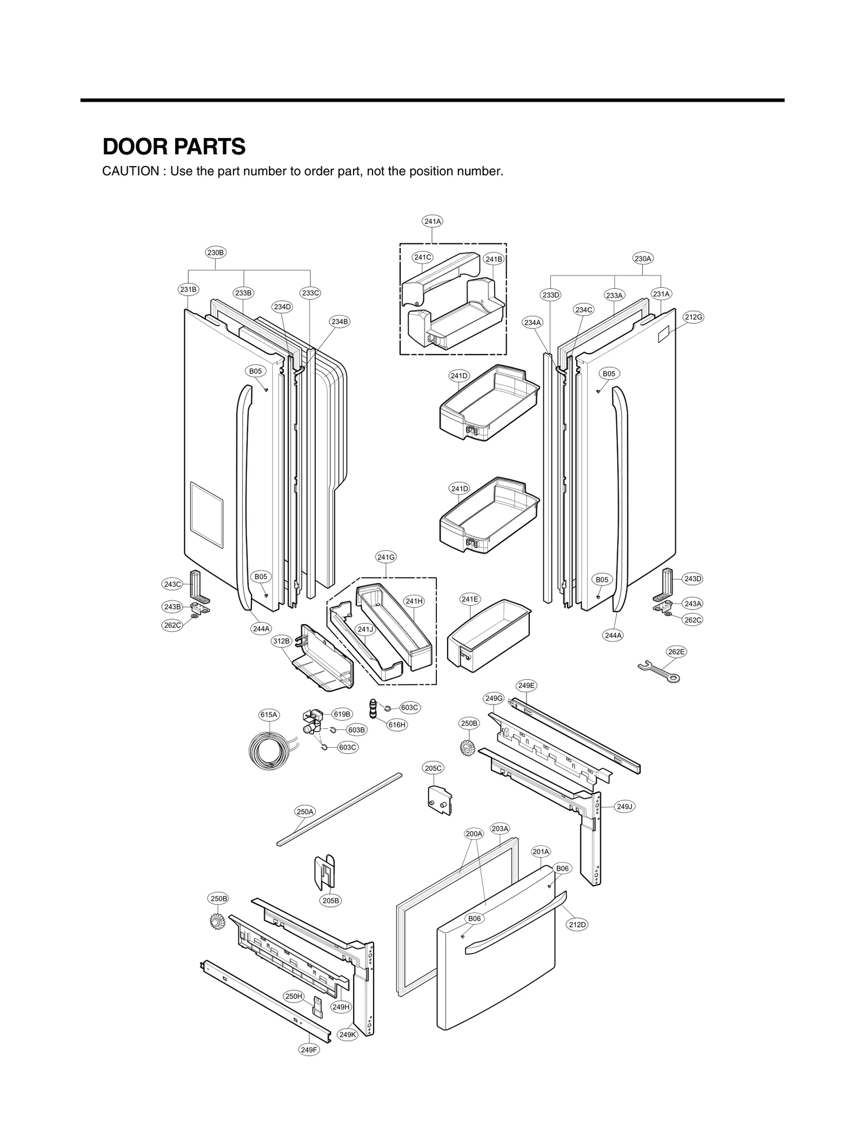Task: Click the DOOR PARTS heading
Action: [174, 147]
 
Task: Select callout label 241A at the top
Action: [432, 221]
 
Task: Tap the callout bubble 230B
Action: [215, 252]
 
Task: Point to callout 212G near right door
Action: [693, 317]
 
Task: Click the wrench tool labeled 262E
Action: [658, 671]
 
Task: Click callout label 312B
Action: [281, 641]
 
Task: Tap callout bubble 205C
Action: [433, 768]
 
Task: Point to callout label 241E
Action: [470, 599]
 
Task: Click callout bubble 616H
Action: [397, 725]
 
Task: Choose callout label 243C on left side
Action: [172, 584]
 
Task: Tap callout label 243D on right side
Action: [693, 579]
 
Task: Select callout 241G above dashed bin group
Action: [386, 556]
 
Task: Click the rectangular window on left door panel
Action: [207, 514]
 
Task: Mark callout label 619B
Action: [342, 714]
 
